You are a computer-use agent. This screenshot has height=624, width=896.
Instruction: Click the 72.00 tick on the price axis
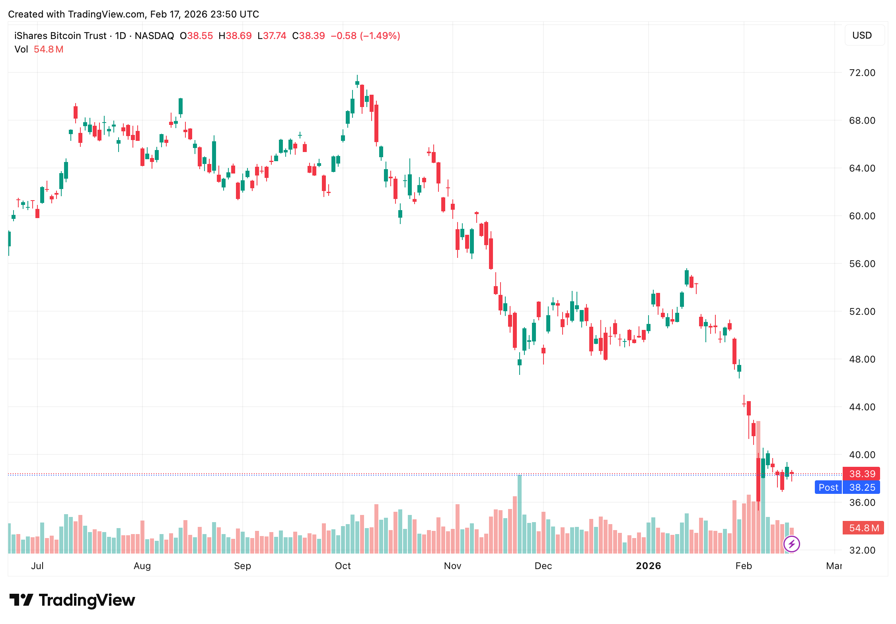click(862, 73)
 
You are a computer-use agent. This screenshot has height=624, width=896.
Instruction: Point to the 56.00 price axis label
click(862, 264)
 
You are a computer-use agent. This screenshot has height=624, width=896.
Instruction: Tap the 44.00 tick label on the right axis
click(862, 407)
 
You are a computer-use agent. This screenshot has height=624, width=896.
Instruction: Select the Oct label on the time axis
click(343, 566)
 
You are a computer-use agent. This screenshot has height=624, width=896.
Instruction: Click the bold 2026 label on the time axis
click(648, 566)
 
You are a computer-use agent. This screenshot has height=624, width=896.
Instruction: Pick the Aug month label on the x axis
click(142, 566)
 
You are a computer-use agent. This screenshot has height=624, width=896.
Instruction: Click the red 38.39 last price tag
click(862, 474)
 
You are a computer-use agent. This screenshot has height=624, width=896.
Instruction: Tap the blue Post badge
click(828, 487)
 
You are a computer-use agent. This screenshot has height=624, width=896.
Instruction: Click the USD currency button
click(862, 35)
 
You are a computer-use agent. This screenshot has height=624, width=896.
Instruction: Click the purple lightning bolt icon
click(791, 544)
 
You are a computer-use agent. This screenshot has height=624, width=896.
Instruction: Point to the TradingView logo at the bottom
click(72, 600)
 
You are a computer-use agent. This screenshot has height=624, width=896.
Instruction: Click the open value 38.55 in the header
click(200, 36)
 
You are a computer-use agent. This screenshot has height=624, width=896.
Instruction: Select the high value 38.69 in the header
click(239, 36)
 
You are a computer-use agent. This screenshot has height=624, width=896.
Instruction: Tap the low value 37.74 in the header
click(275, 36)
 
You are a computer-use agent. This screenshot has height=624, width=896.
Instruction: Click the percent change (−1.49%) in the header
click(380, 36)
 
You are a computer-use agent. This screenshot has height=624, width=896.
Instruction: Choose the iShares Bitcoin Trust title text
click(60, 36)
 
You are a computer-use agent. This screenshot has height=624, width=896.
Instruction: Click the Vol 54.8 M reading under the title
click(39, 49)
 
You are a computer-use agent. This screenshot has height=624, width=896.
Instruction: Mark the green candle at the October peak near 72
click(357, 83)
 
